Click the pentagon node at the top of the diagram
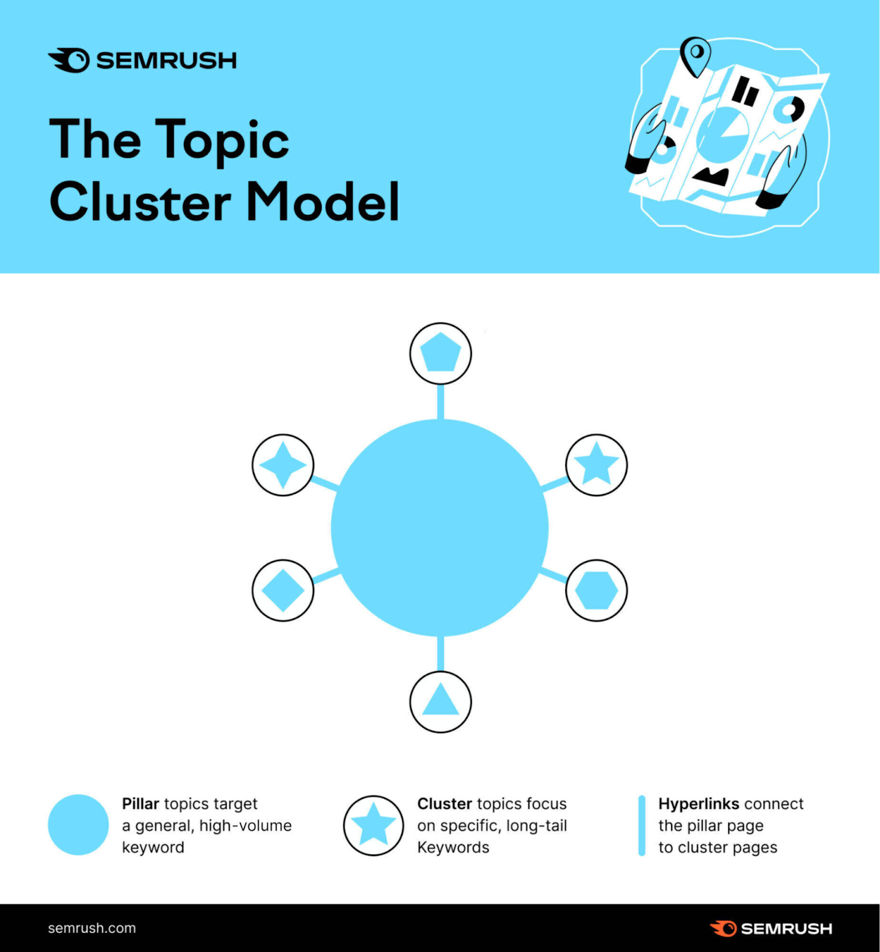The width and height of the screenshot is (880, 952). [x=440, y=353]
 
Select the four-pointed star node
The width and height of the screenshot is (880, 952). [x=283, y=465]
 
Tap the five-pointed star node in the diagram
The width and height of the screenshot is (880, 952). [x=596, y=465]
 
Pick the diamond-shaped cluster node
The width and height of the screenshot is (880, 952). [x=283, y=590]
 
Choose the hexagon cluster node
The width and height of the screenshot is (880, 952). [x=596, y=590]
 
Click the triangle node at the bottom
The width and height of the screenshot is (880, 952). [x=440, y=702]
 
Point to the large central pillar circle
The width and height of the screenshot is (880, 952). [x=439, y=528]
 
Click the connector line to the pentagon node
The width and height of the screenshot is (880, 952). [x=440, y=402]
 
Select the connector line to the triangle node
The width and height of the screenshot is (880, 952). [x=440, y=653]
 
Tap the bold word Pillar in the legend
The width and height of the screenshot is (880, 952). [x=140, y=804]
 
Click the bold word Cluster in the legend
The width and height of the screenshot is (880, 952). [x=444, y=804]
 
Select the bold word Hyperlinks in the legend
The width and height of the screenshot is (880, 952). [x=699, y=804]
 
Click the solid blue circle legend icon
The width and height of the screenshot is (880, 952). [x=78, y=825]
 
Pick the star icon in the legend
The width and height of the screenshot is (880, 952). [x=373, y=825]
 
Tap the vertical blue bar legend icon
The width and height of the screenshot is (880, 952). [x=641, y=825]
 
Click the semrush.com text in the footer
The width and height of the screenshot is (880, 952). [x=92, y=928]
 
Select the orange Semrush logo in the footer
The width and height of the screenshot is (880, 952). [x=771, y=928]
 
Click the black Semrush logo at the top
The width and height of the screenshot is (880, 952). [x=142, y=60]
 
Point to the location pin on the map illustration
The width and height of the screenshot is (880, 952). [x=695, y=55]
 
